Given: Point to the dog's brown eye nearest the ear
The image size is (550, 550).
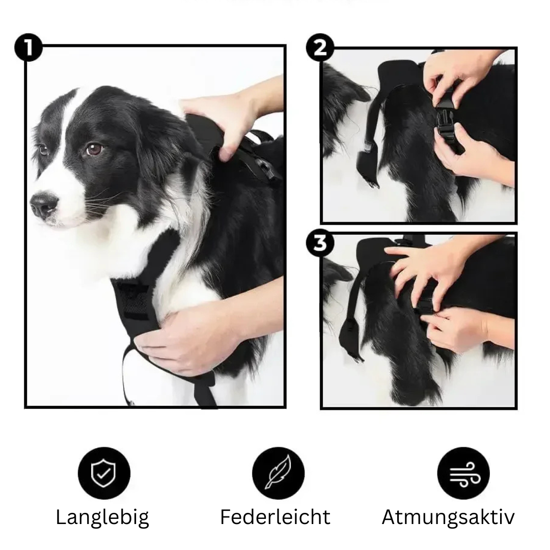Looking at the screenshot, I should coord(94,149).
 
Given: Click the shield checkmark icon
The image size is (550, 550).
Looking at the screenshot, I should coord(104,473).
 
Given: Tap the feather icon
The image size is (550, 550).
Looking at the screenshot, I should coord(278,473).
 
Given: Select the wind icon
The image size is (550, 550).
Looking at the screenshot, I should coord(463,473).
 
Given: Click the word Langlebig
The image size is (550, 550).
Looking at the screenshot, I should coord(102,517).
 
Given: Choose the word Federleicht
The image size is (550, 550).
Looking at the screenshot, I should coord(275,517).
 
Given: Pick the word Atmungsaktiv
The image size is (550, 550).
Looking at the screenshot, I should coord(448,517).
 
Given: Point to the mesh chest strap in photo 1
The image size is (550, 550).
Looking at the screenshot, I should coord(133,300).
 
